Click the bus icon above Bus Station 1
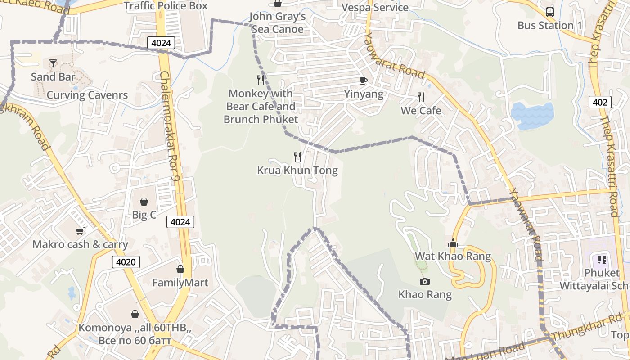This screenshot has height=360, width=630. pyautogui.click(x=549, y=12)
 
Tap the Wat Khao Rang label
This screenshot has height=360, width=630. pyautogui.click(x=453, y=256)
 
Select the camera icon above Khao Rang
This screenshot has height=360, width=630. pyautogui.click(x=424, y=282)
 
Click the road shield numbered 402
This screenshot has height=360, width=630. pyautogui.click(x=600, y=103)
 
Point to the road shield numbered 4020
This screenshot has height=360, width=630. pyautogui.click(x=126, y=262)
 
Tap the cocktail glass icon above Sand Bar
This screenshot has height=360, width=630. pyautogui.click(x=53, y=63)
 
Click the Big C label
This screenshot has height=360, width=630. pyautogui.click(x=144, y=215)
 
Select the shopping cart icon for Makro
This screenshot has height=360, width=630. pyautogui.click(x=80, y=231)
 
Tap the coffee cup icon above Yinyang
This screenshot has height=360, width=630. pyautogui.click(x=363, y=81)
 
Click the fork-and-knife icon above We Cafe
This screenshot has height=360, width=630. pyautogui.click(x=421, y=97)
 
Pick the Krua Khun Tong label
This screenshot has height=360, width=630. pyautogui.click(x=297, y=171)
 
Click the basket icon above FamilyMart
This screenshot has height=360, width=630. pyautogui.click(x=180, y=269)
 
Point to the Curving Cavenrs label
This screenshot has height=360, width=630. pyautogui.click(x=87, y=95)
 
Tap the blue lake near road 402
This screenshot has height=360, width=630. pyautogui.click(x=532, y=115)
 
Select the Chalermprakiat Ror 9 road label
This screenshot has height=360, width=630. pyautogui.click(x=170, y=126)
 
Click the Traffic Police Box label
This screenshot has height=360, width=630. pyautogui.click(x=166, y=6)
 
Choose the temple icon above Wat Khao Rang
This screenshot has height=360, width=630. pyautogui.click(x=453, y=243)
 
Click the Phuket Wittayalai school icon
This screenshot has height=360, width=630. pyautogui.click(x=602, y=260)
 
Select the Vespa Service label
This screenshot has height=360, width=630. pyautogui.click(x=375, y=8)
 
